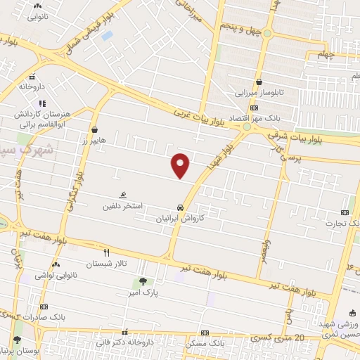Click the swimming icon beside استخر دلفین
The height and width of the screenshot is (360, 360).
click(x=124, y=195)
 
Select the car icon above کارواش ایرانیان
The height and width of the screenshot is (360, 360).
click(x=181, y=208)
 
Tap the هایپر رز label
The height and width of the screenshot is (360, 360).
click(x=92, y=140)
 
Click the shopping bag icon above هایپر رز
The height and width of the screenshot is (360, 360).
click(x=94, y=129)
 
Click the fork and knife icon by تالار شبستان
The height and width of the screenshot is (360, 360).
click(x=107, y=252)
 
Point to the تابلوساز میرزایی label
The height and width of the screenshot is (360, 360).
click(x=260, y=91)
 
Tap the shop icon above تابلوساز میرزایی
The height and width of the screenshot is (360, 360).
click(x=259, y=82)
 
